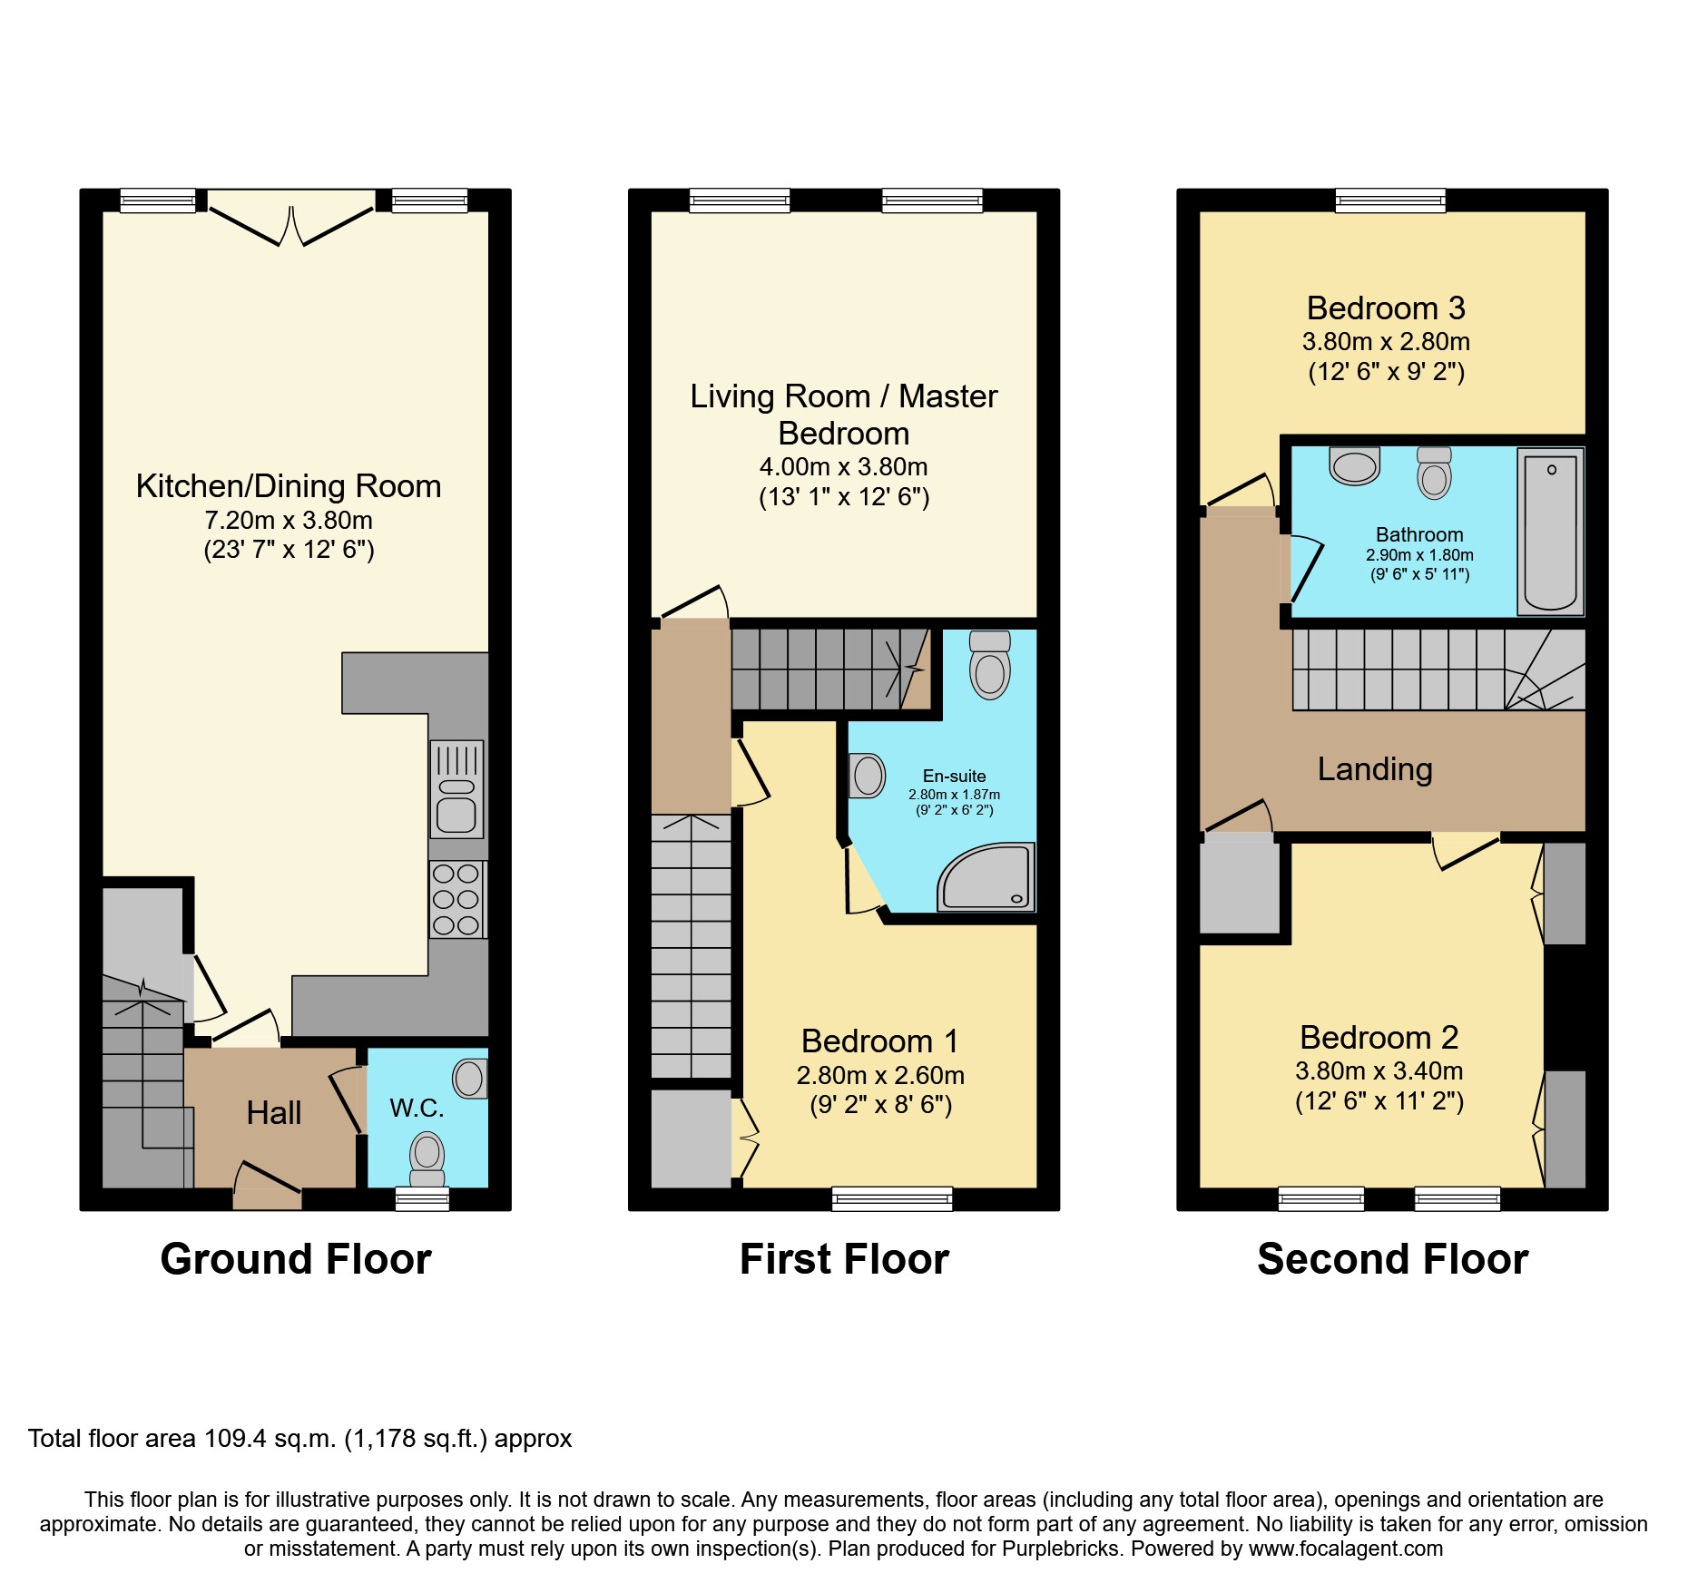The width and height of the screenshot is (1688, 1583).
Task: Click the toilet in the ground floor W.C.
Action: point(427,1158)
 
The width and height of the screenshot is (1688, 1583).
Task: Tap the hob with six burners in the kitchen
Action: point(456,899)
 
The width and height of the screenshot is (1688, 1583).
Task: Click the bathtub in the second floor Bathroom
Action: point(1550,532)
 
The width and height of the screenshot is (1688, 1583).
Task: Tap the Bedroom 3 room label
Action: point(1386,308)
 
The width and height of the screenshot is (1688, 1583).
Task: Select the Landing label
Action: point(1375,769)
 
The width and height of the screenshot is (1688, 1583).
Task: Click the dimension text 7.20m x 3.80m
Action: point(289,520)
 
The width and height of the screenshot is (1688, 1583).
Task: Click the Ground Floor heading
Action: point(295,1259)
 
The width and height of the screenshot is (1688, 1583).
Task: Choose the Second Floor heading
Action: point(1392,1259)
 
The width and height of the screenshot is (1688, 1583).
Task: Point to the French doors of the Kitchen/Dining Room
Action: point(291,222)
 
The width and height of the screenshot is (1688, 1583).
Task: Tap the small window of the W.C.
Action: point(423,1199)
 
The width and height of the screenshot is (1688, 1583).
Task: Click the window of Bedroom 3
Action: point(1389,200)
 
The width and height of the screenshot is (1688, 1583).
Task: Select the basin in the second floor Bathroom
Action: point(1354,466)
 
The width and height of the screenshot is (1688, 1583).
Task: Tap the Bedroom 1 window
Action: point(892,1199)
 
